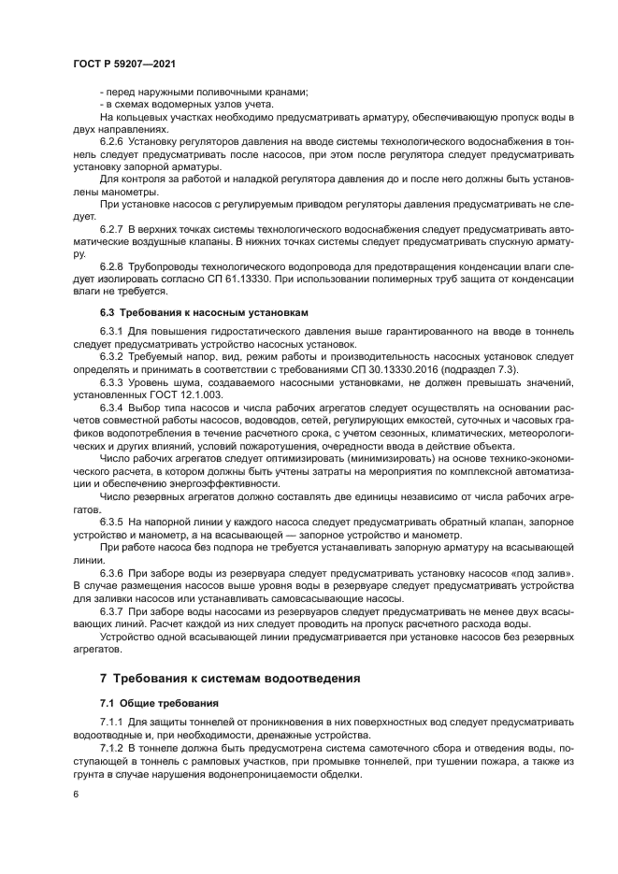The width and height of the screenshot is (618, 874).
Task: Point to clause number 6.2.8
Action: [x=111, y=266]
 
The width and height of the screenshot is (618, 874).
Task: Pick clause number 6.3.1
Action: [x=111, y=331]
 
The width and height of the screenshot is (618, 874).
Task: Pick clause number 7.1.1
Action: [x=111, y=723]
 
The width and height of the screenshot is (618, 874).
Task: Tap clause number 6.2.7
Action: [x=111, y=227]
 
